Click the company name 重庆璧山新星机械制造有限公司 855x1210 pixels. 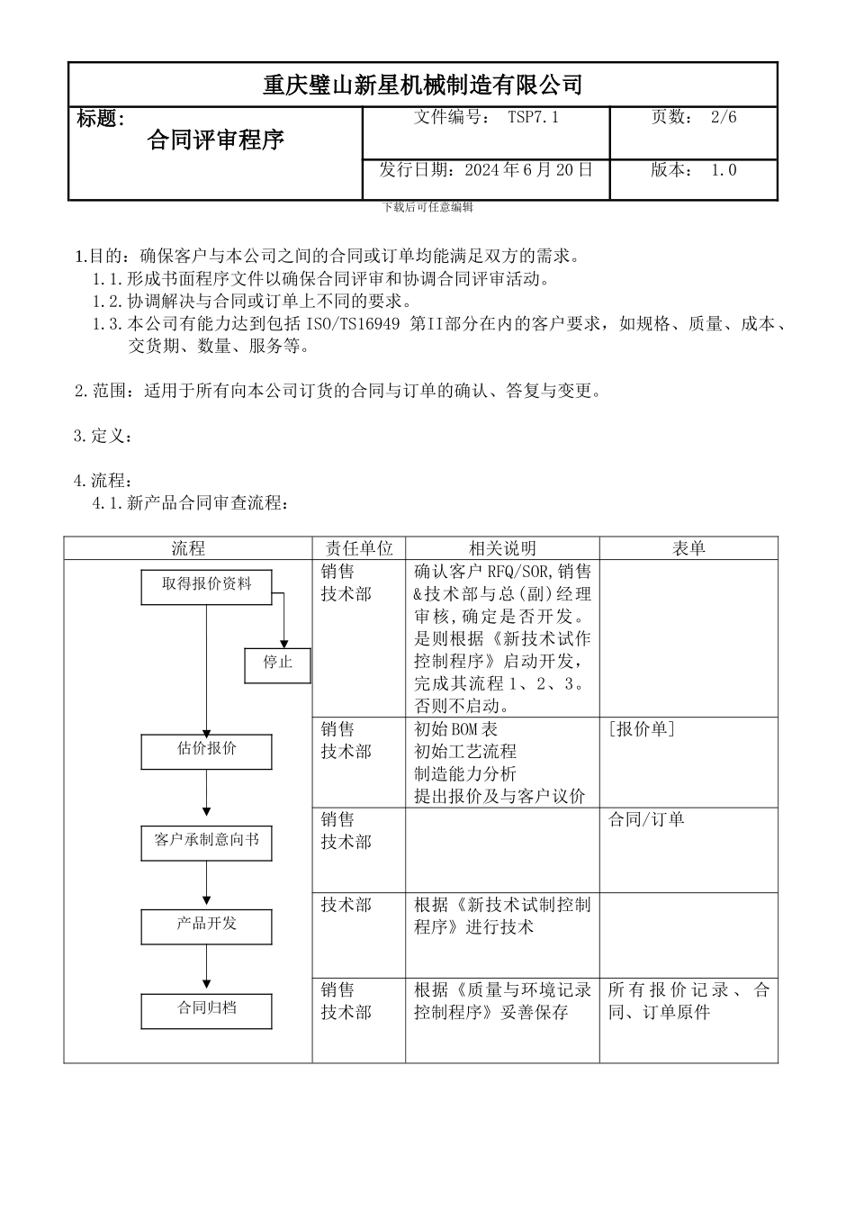(422, 86)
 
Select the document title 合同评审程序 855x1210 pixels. (216, 140)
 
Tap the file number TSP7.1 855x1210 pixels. (533, 117)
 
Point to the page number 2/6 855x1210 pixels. (724, 117)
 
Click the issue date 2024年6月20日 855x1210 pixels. (528, 170)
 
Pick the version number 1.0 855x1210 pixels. (724, 170)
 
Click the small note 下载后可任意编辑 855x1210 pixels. (427, 207)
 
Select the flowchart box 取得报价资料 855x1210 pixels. (206, 585)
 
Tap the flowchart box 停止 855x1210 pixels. (277, 664)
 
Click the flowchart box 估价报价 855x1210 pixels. (206, 750)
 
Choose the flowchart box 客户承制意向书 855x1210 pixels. (206, 841)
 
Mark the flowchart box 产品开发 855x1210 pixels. (206, 925)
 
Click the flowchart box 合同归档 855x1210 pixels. (206, 1008)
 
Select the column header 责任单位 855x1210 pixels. (359, 548)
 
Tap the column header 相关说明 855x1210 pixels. (502, 548)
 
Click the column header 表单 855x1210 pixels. (688, 548)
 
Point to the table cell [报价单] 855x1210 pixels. (642, 729)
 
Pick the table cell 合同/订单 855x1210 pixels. (646, 819)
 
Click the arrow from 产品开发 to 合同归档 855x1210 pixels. (206, 969)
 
